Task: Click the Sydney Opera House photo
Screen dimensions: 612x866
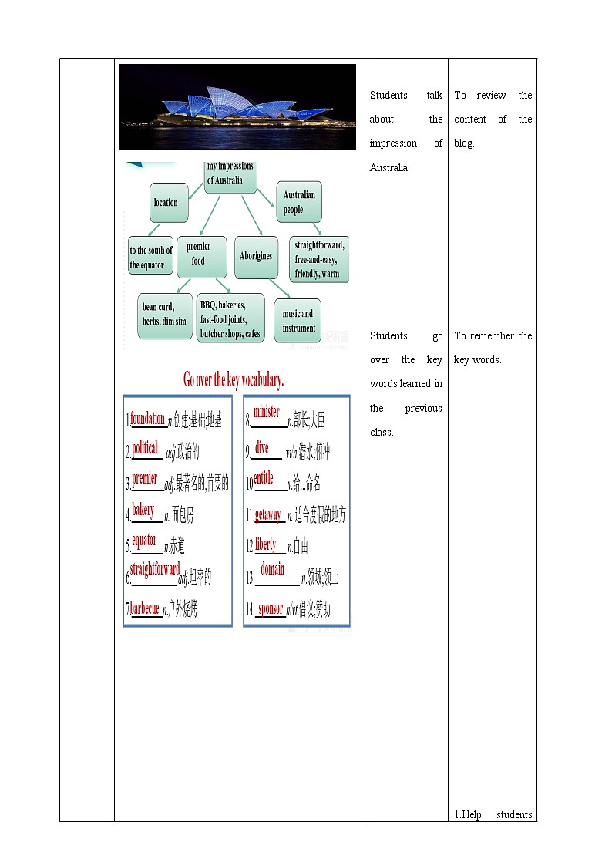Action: [237, 106]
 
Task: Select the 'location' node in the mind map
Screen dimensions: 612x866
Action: [168, 203]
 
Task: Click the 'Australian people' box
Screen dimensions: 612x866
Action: [299, 202]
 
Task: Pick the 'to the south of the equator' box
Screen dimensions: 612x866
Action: [150, 258]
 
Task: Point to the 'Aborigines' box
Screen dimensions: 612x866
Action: [256, 256]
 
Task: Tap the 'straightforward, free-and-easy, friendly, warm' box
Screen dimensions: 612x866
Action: [319, 258]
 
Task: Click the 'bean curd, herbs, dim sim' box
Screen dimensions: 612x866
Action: [163, 315]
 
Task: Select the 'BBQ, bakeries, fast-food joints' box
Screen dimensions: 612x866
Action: [230, 319]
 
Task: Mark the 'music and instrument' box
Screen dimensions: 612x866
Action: [298, 320]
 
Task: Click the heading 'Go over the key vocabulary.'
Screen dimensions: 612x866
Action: [234, 379]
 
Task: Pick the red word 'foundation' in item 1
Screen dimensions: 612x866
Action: [147, 418]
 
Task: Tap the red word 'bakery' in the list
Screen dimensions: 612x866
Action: [143, 510]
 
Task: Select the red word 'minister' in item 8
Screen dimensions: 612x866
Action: [267, 412]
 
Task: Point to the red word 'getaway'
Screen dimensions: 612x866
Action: [268, 514]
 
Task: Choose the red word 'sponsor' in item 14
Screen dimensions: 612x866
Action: [271, 608]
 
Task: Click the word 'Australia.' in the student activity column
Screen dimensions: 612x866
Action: [389, 167]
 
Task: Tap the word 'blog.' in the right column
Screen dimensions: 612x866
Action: [464, 143]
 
